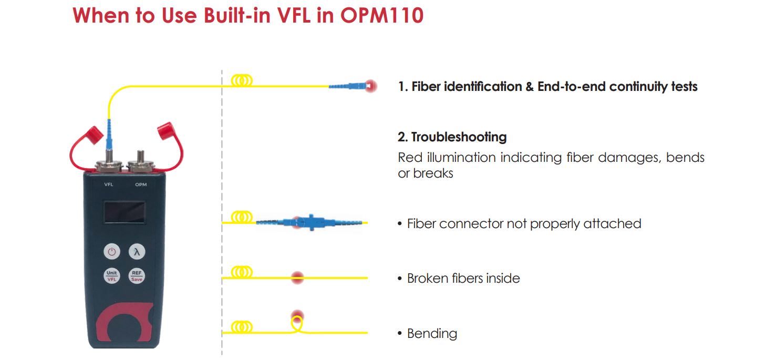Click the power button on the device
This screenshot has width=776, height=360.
111,252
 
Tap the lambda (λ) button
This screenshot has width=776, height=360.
137,252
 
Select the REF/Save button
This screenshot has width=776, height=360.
137,276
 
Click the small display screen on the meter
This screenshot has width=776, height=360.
124,212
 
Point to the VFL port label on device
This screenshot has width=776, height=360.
109,184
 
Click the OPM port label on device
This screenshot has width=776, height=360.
141,184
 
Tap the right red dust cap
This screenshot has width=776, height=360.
165,130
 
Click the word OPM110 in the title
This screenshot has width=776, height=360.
381,15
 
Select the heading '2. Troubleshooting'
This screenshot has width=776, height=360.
452,137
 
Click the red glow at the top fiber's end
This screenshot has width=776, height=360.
371,86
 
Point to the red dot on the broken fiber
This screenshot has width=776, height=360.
297,277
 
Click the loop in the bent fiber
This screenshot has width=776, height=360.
297,323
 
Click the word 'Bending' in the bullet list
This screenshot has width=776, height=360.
432,334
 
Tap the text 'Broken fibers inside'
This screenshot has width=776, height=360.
463,278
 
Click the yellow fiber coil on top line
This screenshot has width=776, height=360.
242,81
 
